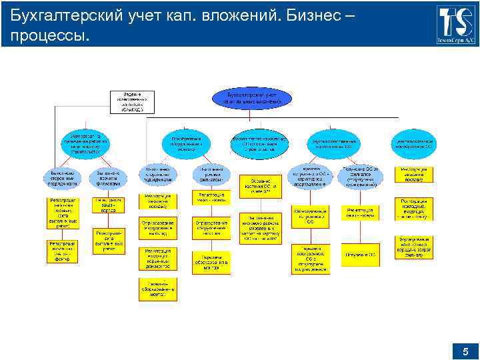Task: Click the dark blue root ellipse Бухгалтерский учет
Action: point(253,98)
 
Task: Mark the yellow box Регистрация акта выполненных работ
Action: point(65,211)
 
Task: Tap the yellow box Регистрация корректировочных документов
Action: point(157,258)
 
